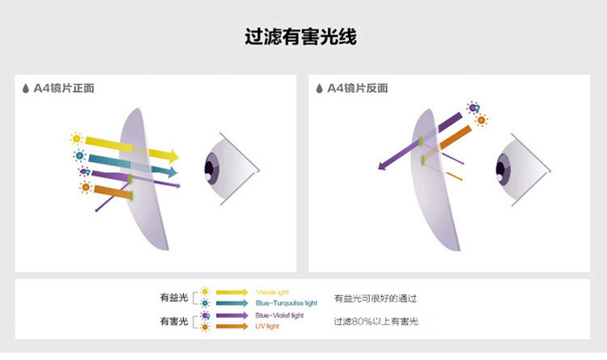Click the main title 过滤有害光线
301,37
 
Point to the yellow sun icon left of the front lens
77,139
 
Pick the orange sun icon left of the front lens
85,187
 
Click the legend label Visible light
272,291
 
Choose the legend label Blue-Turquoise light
287,302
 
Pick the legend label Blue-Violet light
279,315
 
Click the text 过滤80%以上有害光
376,322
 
